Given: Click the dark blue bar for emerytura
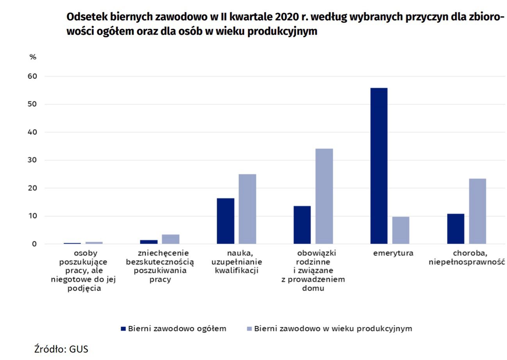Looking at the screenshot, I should click(x=378, y=166).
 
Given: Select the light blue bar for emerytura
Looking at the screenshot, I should click(x=401, y=230).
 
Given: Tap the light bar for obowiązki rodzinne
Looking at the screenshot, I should click(x=324, y=196).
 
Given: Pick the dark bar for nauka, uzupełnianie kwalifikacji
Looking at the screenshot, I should click(x=225, y=221).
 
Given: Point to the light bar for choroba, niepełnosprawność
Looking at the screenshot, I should click(x=477, y=211).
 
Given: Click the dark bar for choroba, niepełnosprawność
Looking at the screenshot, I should click(x=455, y=229).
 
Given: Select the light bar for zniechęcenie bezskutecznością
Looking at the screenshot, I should click(x=171, y=239).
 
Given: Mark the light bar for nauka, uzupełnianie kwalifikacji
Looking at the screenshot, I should click(x=247, y=209).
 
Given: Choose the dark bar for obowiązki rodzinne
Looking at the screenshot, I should click(x=302, y=225).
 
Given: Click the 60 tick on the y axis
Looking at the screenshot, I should click(x=32, y=76).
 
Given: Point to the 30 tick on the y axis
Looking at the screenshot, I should click(x=32, y=160).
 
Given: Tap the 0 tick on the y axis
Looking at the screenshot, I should click(x=34, y=244).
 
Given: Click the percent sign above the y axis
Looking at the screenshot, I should click(x=33, y=57).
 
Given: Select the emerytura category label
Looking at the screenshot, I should click(x=393, y=253).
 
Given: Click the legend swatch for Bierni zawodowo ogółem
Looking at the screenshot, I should click(x=123, y=329).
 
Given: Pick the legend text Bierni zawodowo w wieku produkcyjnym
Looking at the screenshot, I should click(x=333, y=328).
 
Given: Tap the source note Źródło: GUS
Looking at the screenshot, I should click(x=61, y=349).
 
